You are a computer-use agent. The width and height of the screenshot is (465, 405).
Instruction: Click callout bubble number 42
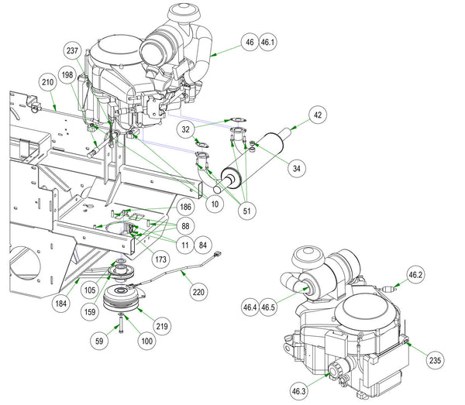[318, 115]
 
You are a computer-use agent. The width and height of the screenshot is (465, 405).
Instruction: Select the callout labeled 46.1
[267, 43]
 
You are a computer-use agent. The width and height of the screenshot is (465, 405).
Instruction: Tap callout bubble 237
[72, 50]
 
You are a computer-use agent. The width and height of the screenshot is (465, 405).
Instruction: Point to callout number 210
[48, 82]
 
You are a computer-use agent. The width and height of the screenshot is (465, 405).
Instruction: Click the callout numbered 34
[297, 168]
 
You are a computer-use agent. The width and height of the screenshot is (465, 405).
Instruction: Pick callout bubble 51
[246, 211]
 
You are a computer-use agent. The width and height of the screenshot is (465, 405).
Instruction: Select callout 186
[185, 207]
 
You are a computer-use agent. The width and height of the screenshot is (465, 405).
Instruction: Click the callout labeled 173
[160, 259]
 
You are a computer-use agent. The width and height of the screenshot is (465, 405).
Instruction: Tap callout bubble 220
[198, 292]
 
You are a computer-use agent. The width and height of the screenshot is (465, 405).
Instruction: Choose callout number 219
[162, 326]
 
